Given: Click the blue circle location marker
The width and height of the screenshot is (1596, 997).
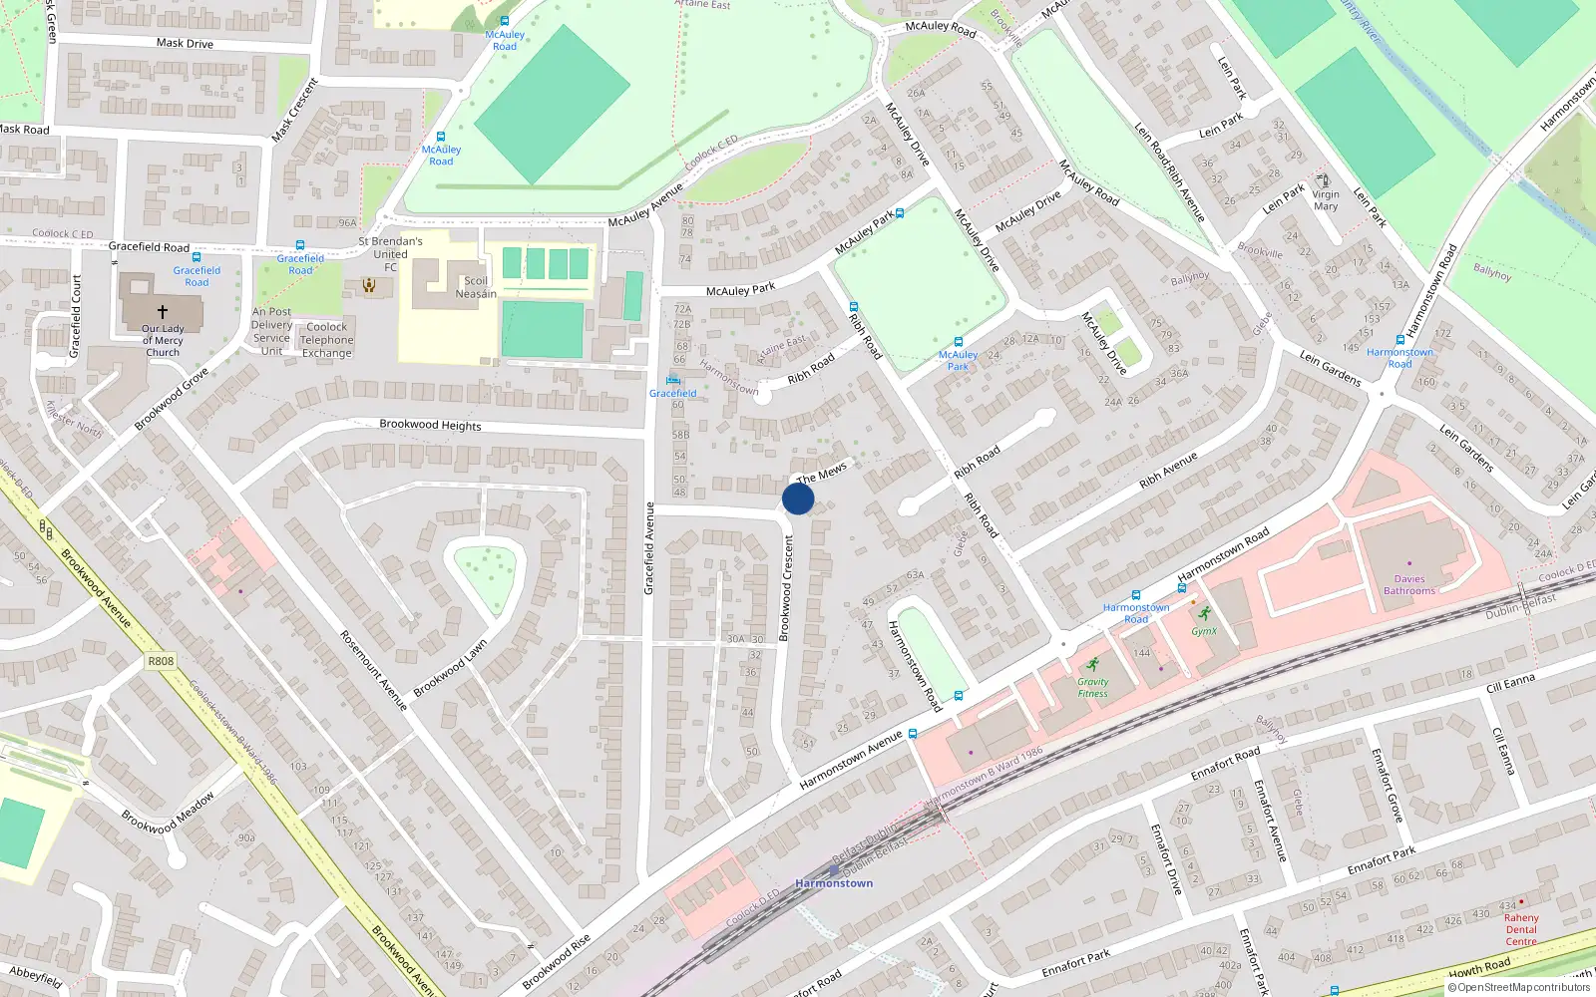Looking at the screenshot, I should tap(798, 498).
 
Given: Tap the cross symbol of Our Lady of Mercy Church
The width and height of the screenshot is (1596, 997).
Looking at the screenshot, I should tap(163, 312).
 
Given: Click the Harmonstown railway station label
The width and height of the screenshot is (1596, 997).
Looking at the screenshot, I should tap(834, 883).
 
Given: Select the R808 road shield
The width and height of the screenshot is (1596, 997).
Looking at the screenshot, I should tap(161, 661).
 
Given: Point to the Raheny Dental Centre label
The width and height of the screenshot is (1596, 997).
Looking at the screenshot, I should tap(1521, 929).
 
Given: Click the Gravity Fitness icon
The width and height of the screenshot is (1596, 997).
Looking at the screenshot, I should tap(1093, 665).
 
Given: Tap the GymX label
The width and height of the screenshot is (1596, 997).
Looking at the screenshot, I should tap(1204, 631).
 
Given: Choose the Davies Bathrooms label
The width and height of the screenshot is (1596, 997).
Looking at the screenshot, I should tap(1409, 585).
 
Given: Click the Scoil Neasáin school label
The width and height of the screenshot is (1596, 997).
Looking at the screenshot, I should tap(476, 287).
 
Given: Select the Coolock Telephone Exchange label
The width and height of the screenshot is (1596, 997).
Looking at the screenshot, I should tap(327, 340).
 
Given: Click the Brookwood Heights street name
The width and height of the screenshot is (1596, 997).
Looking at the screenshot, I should tap(430, 425).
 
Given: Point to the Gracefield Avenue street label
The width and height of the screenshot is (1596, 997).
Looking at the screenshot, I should tap(649, 548).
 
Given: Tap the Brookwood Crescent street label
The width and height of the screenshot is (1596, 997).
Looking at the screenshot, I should tap(786, 588).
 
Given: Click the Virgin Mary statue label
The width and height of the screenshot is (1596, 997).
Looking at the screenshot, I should tap(1326, 200).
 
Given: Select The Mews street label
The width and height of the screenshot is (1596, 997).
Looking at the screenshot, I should tap(822, 473).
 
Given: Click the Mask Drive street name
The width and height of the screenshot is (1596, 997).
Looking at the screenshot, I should tap(185, 43).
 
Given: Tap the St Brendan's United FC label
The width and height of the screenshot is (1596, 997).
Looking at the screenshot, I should tap(390, 254).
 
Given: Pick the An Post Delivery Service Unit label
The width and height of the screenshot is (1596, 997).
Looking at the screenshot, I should tap(271, 331).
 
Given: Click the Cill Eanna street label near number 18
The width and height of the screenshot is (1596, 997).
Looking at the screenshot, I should tap(1510, 683).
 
